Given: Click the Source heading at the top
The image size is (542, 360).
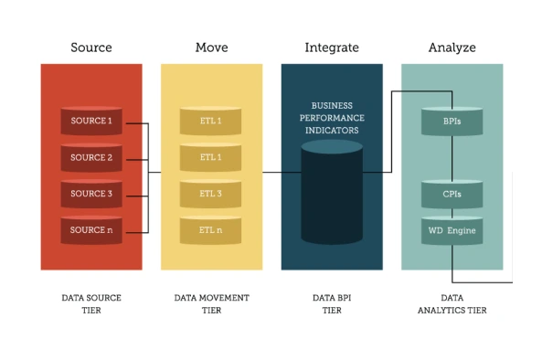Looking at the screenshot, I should pyautogui.click(x=90, y=47).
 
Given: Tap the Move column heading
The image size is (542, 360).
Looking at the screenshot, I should pyautogui.click(x=211, y=47).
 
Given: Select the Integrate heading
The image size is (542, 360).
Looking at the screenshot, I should pyautogui.click(x=331, y=47).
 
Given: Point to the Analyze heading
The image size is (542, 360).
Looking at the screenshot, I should pyautogui.click(x=452, y=47).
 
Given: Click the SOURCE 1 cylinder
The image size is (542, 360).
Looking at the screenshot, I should pyautogui.click(x=91, y=122).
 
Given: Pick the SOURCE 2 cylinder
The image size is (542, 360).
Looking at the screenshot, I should pyautogui.click(x=91, y=157).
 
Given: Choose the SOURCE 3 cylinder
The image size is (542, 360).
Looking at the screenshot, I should pyautogui.click(x=91, y=194).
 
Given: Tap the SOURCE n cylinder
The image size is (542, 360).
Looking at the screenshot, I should pyautogui.click(x=91, y=230).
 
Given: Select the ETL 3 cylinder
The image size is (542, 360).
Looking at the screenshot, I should pyautogui.click(x=211, y=194).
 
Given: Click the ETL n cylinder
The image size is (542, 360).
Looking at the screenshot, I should pyautogui.click(x=211, y=230).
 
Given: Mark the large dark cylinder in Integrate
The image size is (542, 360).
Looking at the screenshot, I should pyautogui.click(x=332, y=196).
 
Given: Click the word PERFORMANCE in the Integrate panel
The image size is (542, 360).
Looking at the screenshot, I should pyautogui.click(x=332, y=118).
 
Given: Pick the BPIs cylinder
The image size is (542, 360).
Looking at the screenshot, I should pyautogui.click(x=452, y=122).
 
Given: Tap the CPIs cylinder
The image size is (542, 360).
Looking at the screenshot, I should pyautogui.click(x=452, y=194).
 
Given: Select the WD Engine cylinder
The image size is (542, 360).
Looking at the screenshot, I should pyautogui.click(x=452, y=230).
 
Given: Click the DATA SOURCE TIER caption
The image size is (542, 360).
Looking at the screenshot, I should pyautogui.click(x=90, y=304).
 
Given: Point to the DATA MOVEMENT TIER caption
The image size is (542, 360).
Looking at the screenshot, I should pyautogui.click(x=211, y=304).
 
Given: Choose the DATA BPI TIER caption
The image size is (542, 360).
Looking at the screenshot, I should pyautogui.click(x=331, y=304).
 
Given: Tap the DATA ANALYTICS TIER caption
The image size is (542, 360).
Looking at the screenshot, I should pyautogui.click(x=452, y=304).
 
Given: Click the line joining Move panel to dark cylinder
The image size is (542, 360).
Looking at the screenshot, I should pyautogui.click(x=281, y=172).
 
